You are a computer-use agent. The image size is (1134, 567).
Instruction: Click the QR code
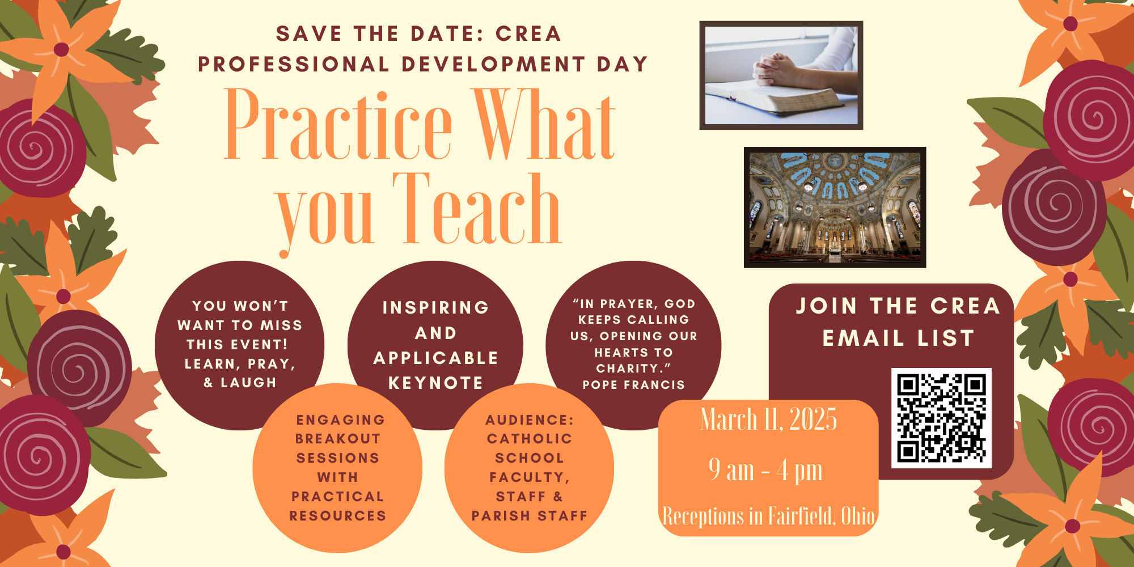[x=941, y=418]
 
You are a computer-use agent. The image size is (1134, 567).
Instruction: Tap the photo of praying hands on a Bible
[x=781, y=75]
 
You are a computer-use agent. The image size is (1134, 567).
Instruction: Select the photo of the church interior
[x=835, y=208]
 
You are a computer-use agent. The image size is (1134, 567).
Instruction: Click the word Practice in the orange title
[x=338, y=125]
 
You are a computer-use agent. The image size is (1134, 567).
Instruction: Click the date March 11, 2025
[x=768, y=420]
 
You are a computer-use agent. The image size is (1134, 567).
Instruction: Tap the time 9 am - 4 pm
[x=765, y=470]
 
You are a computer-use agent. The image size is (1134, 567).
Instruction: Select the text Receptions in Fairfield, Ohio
[x=768, y=516]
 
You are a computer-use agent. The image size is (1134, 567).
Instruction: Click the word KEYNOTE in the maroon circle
[x=435, y=383]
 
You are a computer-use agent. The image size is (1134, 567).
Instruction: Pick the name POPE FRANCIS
[x=634, y=385]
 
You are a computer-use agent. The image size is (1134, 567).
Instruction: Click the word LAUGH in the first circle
[x=248, y=383]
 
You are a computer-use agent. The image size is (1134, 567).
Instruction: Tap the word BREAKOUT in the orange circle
[x=338, y=439]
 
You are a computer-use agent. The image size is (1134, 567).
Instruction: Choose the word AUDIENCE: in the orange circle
[x=530, y=420]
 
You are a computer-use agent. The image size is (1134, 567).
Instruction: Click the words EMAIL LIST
[x=899, y=338]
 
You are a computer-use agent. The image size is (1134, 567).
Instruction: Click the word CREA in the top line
[x=528, y=34]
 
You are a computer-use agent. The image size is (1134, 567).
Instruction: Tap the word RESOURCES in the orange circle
[x=338, y=516]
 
